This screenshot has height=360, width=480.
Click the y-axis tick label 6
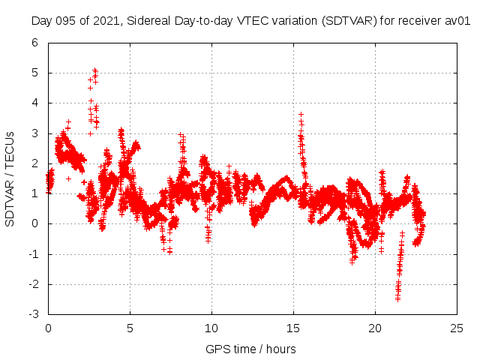coord(35,43)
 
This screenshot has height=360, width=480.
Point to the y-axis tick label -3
coord(34,314)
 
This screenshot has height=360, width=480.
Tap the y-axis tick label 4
coord(35,103)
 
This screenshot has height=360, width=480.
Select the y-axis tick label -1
coord(34,254)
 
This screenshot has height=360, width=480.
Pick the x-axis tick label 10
coord(211,328)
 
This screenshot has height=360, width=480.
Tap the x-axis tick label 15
coord(293,328)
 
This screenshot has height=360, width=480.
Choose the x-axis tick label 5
coord(130,328)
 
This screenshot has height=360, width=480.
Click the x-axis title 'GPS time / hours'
coord(250,349)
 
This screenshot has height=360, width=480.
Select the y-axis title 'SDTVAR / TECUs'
coord(10,178)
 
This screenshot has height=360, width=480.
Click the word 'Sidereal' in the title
coord(145,20)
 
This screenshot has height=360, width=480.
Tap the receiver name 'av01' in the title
coord(457,20)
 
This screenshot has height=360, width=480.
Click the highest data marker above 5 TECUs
coord(94,70)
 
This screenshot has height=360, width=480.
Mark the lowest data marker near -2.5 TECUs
coord(397,298)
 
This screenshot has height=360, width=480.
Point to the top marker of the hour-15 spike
coord(301,114)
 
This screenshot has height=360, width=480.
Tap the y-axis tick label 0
coord(35,223)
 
